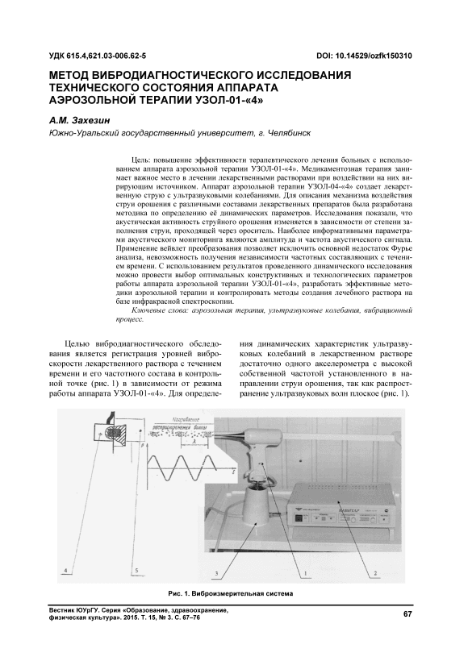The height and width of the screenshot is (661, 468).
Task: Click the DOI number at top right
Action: (364, 56)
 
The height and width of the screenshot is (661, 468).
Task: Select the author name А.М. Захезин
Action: (79, 120)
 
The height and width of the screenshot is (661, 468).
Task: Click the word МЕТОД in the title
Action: (69, 75)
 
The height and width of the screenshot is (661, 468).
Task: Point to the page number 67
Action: (407, 613)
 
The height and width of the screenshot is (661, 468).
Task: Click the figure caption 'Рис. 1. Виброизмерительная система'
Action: (231, 593)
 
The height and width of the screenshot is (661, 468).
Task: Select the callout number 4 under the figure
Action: (65, 571)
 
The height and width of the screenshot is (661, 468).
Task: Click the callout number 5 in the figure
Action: (136, 571)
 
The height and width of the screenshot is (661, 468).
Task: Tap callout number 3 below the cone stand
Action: (216, 573)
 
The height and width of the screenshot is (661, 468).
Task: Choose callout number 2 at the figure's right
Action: (375, 573)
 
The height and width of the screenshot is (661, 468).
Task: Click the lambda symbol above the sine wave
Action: (194, 440)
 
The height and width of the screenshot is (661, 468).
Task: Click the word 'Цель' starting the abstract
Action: (140, 160)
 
